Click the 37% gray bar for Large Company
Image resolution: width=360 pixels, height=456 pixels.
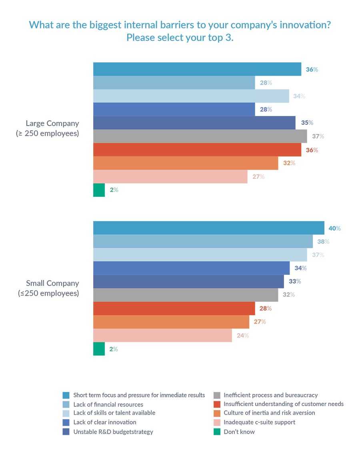point(200,136)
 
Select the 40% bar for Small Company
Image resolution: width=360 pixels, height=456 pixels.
point(208,228)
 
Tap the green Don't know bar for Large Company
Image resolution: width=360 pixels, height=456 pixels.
point(99,190)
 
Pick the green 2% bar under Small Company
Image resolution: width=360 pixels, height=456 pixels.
point(99,349)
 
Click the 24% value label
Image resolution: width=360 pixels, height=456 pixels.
point(243,336)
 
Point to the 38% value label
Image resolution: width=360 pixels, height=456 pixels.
point(323,242)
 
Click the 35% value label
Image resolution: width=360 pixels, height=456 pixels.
point(307,123)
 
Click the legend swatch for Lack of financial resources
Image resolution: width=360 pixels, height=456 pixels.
point(66,404)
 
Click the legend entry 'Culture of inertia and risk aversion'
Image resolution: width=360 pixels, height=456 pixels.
point(269,413)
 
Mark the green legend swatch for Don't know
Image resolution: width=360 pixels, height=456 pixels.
point(216,432)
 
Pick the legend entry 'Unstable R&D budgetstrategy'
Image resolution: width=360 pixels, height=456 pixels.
point(113,432)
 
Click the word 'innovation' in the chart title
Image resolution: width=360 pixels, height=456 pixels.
point(307,25)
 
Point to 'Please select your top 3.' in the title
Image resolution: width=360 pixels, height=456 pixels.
point(180,38)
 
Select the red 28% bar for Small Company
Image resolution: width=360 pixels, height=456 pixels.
point(174,308)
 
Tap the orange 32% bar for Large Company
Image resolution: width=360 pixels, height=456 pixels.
point(186,163)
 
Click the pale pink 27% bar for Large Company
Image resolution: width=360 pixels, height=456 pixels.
point(170,176)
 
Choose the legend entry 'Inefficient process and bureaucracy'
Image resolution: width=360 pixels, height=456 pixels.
point(271,395)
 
